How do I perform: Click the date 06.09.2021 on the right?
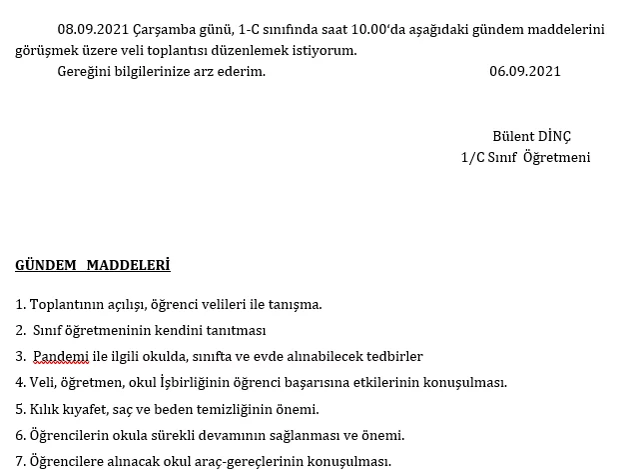point(524,71)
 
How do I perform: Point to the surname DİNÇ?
point(554,136)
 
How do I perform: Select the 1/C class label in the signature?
point(473,157)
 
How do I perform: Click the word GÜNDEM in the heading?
point(46,265)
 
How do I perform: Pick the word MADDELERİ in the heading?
point(128,265)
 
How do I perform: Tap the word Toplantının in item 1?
point(66,304)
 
